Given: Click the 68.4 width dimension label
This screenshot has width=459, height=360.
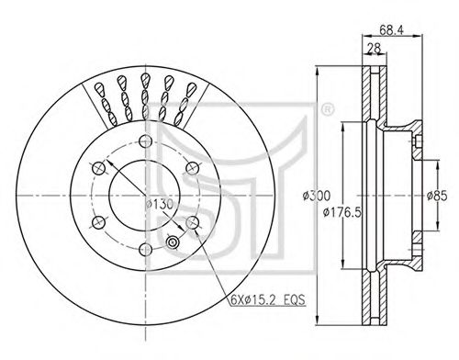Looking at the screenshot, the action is [392, 29].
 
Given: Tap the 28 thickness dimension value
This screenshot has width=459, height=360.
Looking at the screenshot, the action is [374, 49].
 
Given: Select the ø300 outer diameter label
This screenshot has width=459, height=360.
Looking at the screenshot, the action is [317, 196].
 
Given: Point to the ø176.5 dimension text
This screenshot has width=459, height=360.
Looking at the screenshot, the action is [342, 212].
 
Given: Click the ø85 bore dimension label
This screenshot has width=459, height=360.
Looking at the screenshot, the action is [437, 196].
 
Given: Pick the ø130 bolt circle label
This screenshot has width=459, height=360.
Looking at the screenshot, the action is [160, 204].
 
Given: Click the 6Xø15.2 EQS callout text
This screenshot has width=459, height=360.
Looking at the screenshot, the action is [268, 299].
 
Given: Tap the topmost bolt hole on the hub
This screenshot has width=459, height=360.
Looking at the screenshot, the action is [145, 141].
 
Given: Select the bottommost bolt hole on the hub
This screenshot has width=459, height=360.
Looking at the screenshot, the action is [145, 250].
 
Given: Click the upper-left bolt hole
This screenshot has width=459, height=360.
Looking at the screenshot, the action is [98, 168].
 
